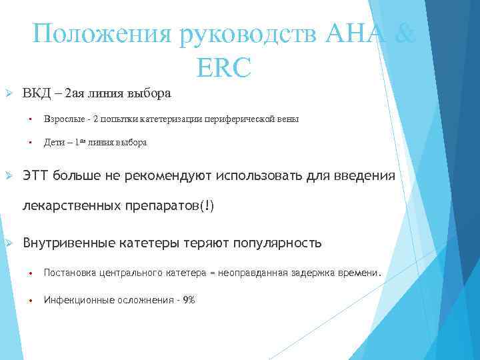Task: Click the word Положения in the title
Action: coord(103,33)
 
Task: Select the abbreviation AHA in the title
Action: coord(353,33)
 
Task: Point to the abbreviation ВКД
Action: coord(37,93)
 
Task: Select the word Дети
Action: coord(54,142)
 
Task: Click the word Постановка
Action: coord(70,273)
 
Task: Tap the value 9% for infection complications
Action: coord(188,300)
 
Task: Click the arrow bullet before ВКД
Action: coord(9,93)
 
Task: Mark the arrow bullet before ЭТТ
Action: coord(9,175)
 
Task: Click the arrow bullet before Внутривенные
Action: coord(9,243)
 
